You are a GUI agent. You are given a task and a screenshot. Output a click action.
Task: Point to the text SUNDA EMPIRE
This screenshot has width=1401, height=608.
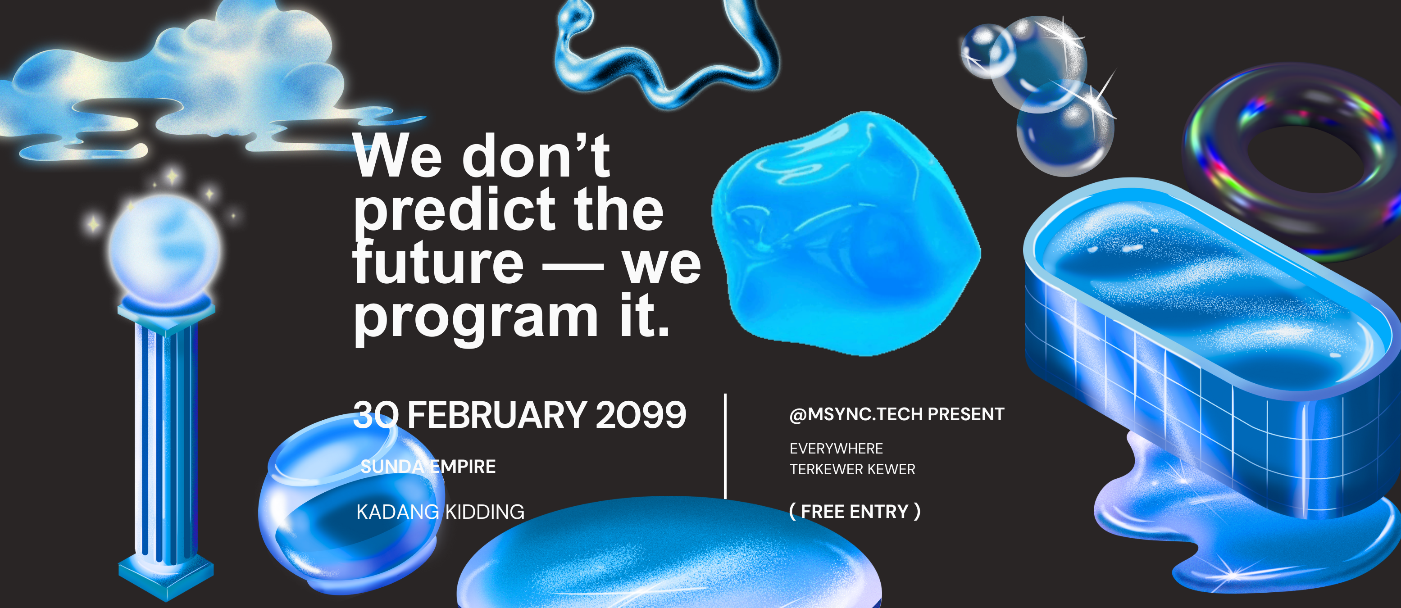(x=428, y=467)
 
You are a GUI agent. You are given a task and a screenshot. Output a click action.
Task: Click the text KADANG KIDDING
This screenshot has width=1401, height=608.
(x=441, y=512)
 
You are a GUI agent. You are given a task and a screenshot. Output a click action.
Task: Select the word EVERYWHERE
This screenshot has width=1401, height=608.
(x=836, y=449)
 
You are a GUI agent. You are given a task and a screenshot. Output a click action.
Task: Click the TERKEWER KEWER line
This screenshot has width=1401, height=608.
(x=852, y=469)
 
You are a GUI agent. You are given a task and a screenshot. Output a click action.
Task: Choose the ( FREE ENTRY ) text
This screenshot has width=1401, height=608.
(x=855, y=512)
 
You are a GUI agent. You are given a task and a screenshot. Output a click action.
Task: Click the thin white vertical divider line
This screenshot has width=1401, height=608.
(x=726, y=446)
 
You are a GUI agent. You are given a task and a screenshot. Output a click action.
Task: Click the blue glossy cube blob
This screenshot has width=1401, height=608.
(x=846, y=234)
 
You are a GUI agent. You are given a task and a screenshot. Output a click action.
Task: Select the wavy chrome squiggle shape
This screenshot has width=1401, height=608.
(x=666, y=54)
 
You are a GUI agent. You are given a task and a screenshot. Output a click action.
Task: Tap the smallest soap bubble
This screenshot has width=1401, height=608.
(x=987, y=50)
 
